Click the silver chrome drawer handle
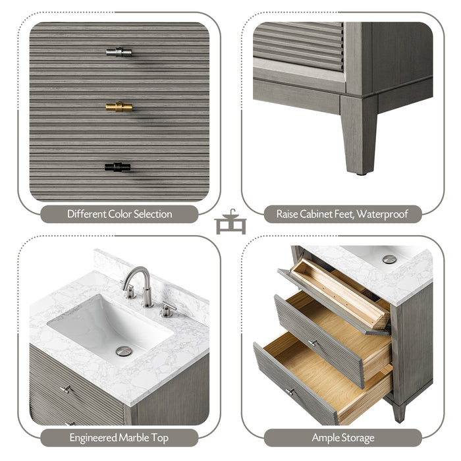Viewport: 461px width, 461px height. (x=119, y=52)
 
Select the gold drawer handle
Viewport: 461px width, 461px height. (x=119, y=107)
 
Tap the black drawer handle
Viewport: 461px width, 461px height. (x=117, y=167)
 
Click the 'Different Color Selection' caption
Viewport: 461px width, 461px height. (x=119, y=214)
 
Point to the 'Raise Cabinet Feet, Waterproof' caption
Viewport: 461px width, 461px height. (x=342, y=214)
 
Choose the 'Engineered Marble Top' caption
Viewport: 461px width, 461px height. (x=119, y=437)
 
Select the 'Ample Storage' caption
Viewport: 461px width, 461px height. (x=342, y=437)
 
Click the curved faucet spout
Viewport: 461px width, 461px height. (x=134, y=277)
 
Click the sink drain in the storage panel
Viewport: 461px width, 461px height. (x=389, y=259)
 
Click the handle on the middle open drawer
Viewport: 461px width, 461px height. (x=313, y=342)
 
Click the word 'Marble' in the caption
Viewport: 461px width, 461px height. (x=130, y=437)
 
